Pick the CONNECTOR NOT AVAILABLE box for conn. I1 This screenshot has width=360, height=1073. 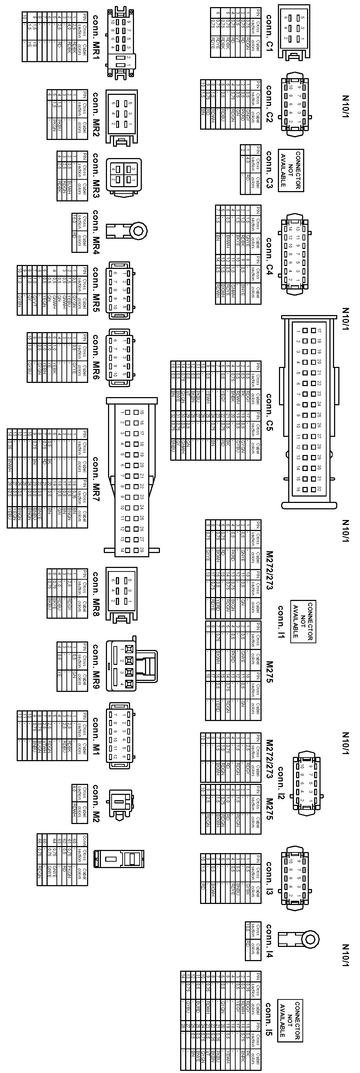click(303, 621)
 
